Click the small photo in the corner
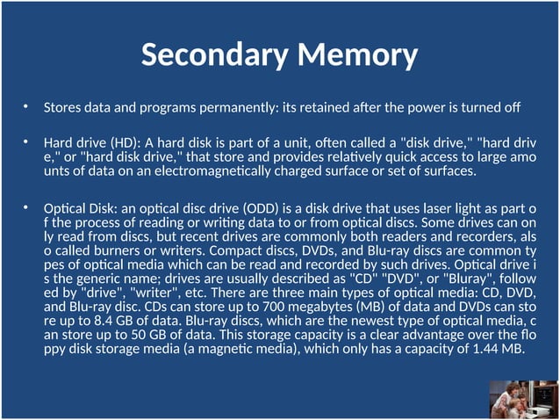coord(522,399)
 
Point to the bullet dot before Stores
coord(26,107)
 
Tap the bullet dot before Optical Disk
coord(26,208)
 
